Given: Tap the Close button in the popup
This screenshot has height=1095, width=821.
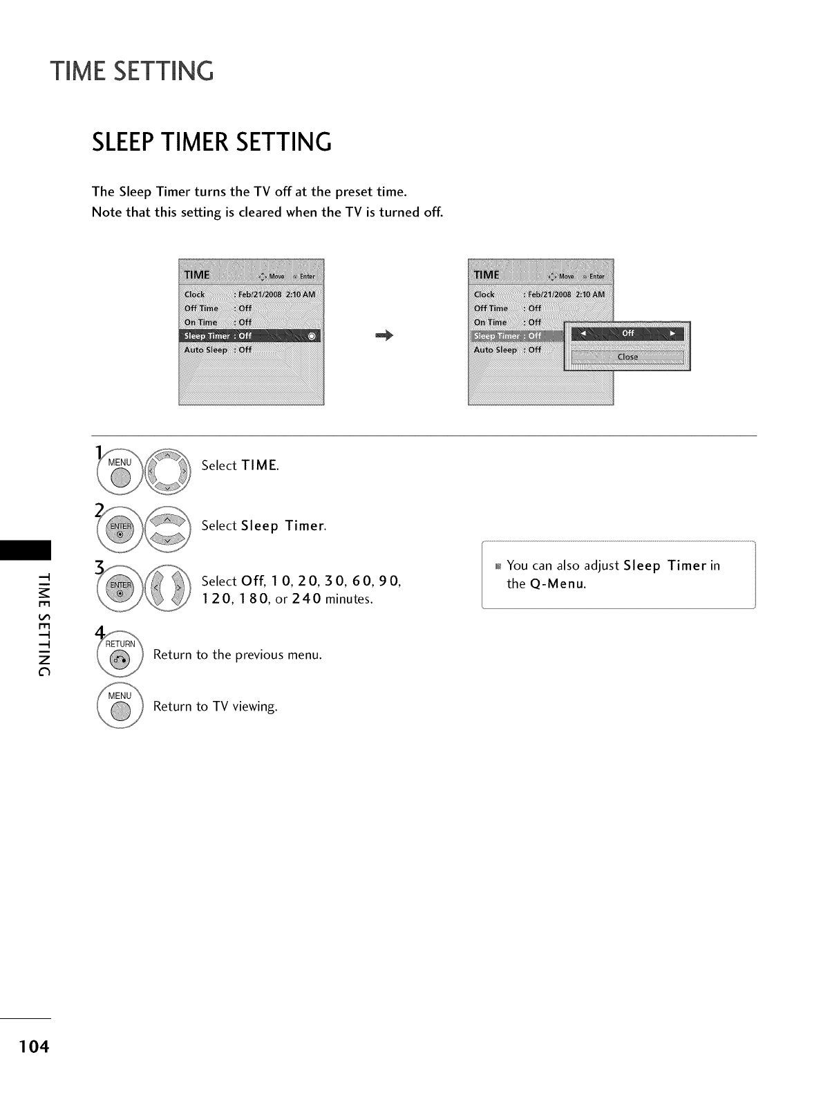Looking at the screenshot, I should point(627,357).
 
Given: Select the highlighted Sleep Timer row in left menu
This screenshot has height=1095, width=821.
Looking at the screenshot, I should point(249,336).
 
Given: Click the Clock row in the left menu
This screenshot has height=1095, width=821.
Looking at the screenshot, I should point(249,294).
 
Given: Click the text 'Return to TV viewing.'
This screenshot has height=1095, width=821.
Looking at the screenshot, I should point(215,706).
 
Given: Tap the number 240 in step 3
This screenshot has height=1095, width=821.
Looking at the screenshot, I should point(306,599).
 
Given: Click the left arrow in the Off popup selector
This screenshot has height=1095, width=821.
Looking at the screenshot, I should point(582,334).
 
